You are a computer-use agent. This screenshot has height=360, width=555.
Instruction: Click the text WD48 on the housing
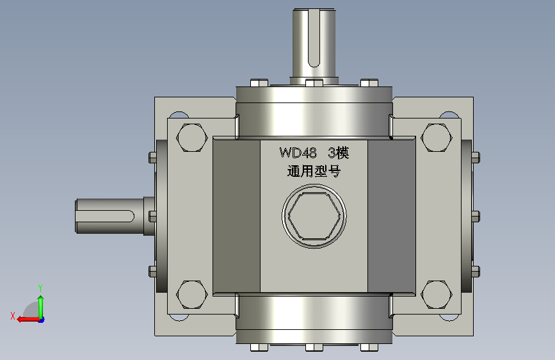tap(298, 152)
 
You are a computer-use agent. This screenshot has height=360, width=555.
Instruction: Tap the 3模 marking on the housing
tap(339, 152)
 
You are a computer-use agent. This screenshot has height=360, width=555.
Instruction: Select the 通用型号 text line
tap(314, 171)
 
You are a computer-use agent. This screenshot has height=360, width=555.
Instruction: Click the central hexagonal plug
tap(314, 216)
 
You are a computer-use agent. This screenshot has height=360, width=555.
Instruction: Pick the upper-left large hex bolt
tap(192, 138)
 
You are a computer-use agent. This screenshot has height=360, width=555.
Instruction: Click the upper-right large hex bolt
tap(437, 138)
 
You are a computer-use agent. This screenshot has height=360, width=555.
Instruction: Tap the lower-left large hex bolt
tap(192, 295)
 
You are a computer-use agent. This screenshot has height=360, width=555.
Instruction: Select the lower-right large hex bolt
tap(437, 295)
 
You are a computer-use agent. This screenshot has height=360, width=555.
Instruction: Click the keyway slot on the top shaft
tap(314, 38)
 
